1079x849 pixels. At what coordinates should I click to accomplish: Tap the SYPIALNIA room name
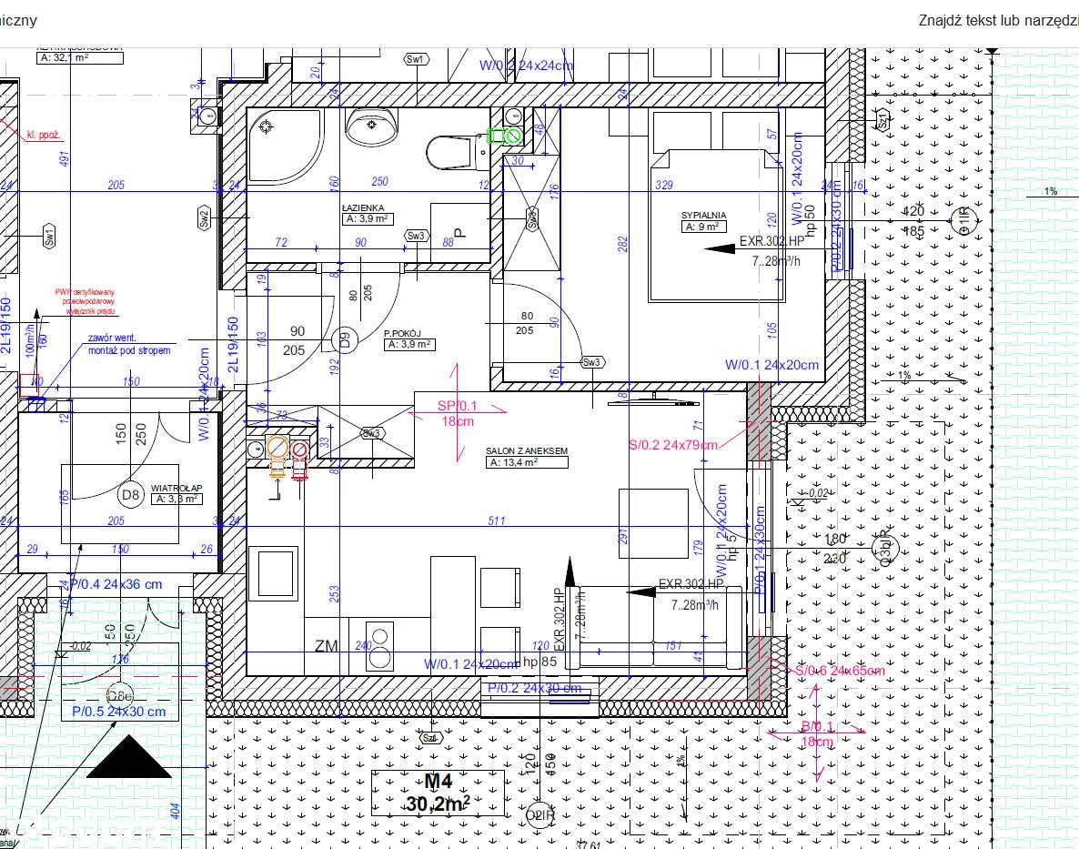pyautogui.click(x=703, y=216)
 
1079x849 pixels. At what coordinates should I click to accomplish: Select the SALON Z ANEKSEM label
pyautogui.click(x=528, y=451)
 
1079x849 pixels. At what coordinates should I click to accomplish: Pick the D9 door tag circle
pyautogui.click(x=345, y=340)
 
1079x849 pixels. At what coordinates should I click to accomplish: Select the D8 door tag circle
pyautogui.click(x=131, y=495)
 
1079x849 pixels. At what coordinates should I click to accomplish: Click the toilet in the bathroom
pyautogui.click(x=452, y=151)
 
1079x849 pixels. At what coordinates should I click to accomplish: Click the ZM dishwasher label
pyautogui.click(x=326, y=646)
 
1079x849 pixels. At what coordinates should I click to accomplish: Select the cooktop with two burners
pyautogui.click(x=379, y=646)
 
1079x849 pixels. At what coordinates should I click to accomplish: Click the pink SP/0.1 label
pyautogui.click(x=457, y=406)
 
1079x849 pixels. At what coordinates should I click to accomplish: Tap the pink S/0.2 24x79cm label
pyautogui.click(x=673, y=445)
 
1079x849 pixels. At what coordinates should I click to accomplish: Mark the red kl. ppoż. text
pyautogui.click(x=44, y=135)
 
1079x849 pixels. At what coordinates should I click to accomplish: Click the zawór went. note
pyautogui.click(x=128, y=344)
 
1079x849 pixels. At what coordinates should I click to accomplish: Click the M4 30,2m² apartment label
pyautogui.click(x=438, y=793)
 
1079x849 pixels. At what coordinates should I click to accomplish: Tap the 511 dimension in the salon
pyautogui.click(x=497, y=521)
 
